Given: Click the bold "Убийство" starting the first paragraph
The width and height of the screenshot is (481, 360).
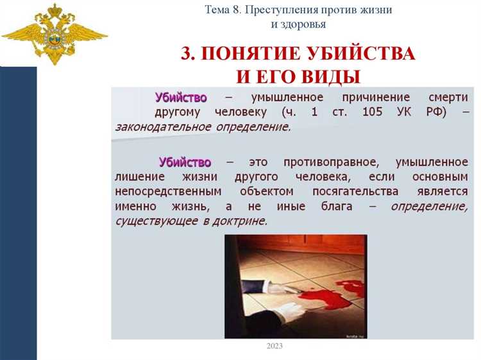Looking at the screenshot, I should [x=181, y=98].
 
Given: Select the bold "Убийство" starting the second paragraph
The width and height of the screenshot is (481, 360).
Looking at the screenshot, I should [x=185, y=162].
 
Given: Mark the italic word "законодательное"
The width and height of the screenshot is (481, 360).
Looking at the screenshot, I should [x=162, y=126].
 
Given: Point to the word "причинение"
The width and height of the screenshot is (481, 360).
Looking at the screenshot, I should [x=367, y=98].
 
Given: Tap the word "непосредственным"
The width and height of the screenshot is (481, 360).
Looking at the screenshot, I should [x=168, y=191].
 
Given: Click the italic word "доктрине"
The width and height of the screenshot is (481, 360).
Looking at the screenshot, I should [x=238, y=221].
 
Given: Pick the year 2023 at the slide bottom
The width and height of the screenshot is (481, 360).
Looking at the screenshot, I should [x=274, y=347].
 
